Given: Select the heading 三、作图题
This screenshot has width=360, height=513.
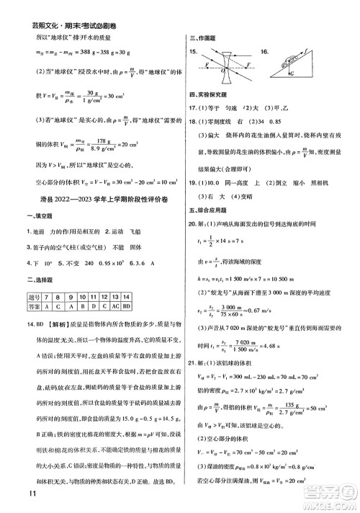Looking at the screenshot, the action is click(201, 39).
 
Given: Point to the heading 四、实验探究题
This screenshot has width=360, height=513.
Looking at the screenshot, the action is click(205, 94).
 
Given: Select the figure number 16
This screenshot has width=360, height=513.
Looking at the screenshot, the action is click(266, 53).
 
